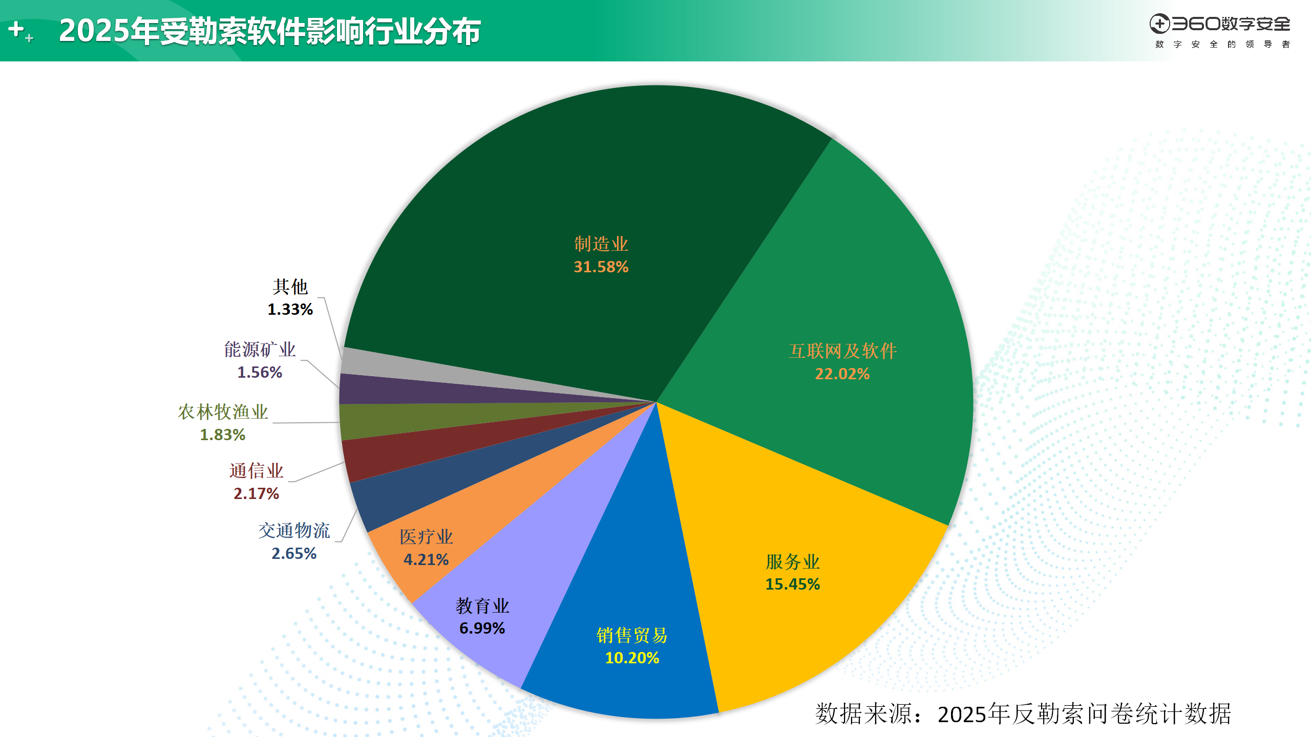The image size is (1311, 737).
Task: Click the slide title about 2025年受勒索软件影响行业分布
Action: (x=269, y=31)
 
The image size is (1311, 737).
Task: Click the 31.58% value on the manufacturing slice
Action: (x=601, y=267)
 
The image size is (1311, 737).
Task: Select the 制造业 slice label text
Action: (x=601, y=244)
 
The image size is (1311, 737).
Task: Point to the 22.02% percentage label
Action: (x=842, y=374)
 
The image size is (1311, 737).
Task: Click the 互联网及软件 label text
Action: (x=842, y=351)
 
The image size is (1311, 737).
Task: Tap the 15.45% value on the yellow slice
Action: (x=792, y=584)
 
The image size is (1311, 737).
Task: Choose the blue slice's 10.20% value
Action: (x=632, y=658)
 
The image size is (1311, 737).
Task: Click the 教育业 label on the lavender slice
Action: (x=482, y=606)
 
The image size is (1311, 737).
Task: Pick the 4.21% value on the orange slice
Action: (x=426, y=560)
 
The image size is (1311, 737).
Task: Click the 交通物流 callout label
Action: (x=294, y=531)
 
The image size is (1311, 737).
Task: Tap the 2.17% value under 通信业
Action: (x=256, y=494)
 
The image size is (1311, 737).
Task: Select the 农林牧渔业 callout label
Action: (x=223, y=412)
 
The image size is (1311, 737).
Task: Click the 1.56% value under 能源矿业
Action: (x=260, y=373)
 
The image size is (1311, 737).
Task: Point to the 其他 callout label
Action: (x=290, y=287)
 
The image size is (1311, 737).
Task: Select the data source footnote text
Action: (x=1022, y=713)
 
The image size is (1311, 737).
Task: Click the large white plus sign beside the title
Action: (x=16, y=29)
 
